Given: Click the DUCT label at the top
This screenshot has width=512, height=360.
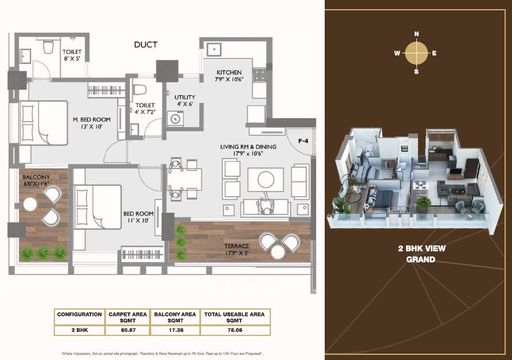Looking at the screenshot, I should click(x=145, y=45).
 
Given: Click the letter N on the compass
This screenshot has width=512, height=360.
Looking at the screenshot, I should click(x=416, y=34).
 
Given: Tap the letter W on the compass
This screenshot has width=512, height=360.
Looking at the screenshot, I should click(x=397, y=53).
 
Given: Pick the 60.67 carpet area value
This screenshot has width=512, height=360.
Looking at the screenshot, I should click(x=127, y=330).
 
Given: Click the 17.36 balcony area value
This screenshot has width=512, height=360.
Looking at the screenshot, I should click(x=174, y=330).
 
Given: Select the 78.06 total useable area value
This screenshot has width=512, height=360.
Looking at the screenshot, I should click(x=234, y=330).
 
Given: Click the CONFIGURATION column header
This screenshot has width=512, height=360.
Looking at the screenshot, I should click(x=80, y=314).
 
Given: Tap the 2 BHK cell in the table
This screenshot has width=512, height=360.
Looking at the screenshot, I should click(x=80, y=330).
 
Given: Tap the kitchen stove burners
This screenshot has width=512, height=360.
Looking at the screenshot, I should click(x=258, y=75).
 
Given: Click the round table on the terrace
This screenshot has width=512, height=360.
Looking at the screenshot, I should click(x=278, y=252).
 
